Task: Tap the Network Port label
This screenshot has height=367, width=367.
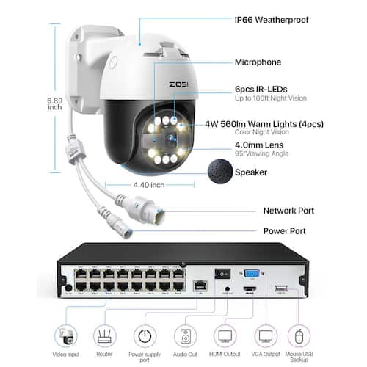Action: pos(288,211)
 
